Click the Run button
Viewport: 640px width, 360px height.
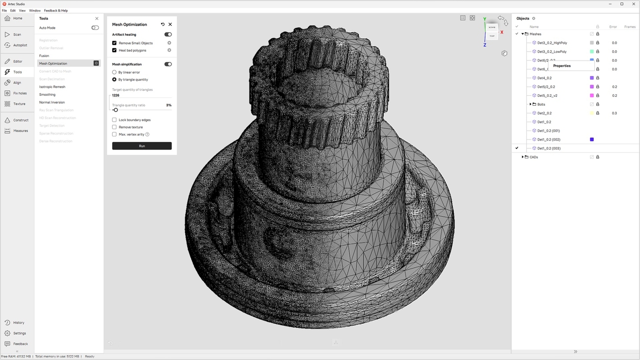pyautogui.click(x=142, y=146)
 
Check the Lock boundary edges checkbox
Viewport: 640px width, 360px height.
pyautogui.click(x=114, y=120)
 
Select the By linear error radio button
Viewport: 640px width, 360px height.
pyautogui.click(x=114, y=72)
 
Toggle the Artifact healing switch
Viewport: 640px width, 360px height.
pyautogui.click(x=168, y=35)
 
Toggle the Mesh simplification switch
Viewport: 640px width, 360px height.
pyautogui.click(x=168, y=65)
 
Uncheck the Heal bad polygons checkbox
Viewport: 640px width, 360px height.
pyautogui.click(x=114, y=51)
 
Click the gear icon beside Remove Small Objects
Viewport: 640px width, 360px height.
pyautogui.click(x=169, y=43)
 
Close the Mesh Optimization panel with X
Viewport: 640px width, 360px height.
pyautogui.click(x=170, y=24)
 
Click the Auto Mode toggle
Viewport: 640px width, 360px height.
pyautogui.click(x=95, y=28)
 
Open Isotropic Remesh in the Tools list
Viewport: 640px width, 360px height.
pyautogui.click(x=52, y=87)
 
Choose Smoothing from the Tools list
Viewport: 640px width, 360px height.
pyautogui.click(x=47, y=95)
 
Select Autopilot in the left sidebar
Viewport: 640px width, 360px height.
pyautogui.click(x=20, y=45)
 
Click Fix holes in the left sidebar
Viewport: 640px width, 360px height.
pyautogui.click(x=20, y=93)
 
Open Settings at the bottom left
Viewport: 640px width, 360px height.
pyautogui.click(x=19, y=333)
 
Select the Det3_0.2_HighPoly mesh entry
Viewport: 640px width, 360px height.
pyautogui.click(x=552, y=43)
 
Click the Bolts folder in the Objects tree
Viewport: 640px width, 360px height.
pyautogui.click(x=541, y=105)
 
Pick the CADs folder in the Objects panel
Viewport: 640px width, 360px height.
pyautogui.click(x=534, y=157)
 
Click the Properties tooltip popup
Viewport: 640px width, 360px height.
pyautogui.click(x=562, y=66)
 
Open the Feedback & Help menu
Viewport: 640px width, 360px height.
pyautogui.click(x=56, y=10)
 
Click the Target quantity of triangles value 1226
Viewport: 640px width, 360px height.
pyautogui.click(x=116, y=95)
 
